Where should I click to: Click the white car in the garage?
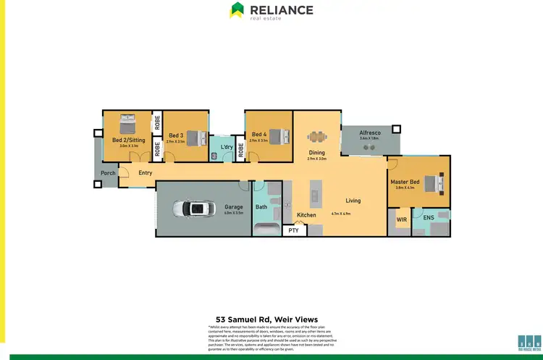(193, 209)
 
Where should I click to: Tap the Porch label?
(108, 173)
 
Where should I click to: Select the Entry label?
(146, 173)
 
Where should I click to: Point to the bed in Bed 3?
(194, 136)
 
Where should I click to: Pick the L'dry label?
(227, 148)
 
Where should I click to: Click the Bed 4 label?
(259, 135)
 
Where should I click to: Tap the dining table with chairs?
(316, 136)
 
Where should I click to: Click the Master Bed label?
(405, 182)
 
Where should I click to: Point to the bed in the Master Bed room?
(435, 183)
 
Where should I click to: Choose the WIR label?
(401, 217)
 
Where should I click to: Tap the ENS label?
(429, 217)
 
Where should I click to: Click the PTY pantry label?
(293, 230)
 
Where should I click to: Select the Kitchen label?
(306, 215)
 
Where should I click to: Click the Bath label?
(261, 208)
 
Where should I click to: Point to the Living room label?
(353, 201)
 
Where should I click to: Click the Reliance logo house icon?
(237, 9)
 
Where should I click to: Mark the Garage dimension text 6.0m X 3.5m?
(233, 214)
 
